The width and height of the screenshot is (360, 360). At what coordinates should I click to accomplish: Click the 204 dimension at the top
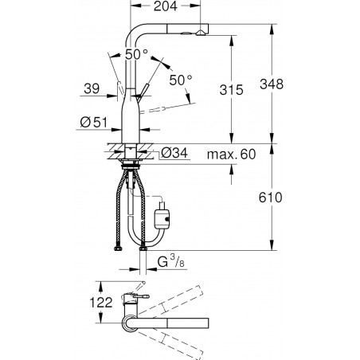[x=165, y=6]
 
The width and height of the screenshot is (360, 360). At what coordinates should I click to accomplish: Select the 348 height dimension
[x=272, y=84]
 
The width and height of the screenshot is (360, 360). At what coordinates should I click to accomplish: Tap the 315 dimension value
[x=231, y=90]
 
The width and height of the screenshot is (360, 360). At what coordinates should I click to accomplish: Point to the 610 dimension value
[x=271, y=198]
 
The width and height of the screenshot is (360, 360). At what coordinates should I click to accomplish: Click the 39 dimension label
[x=92, y=88]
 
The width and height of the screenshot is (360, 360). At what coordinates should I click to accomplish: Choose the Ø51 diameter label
[x=93, y=123]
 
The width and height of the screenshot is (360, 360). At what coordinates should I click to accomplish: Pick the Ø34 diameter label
[x=174, y=153]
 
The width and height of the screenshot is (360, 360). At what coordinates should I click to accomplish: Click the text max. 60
[x=231, y=155]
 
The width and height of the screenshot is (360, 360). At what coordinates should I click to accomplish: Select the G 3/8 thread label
[x=170, y=261]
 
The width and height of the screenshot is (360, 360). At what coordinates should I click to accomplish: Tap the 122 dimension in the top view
[x=101, y=303]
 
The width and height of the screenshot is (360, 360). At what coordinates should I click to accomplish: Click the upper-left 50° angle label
[x=136, y=54]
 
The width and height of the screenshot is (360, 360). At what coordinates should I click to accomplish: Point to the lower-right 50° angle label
[x=181, y=80]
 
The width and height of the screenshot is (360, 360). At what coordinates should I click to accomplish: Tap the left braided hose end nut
[x=118, y=248]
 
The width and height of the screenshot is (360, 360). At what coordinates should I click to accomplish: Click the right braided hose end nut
[x=143, y=248]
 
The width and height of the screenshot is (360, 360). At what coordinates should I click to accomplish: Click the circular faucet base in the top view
[x=130, y=323]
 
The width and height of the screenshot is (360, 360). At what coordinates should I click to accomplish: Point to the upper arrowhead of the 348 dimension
[x=272, y=29]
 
